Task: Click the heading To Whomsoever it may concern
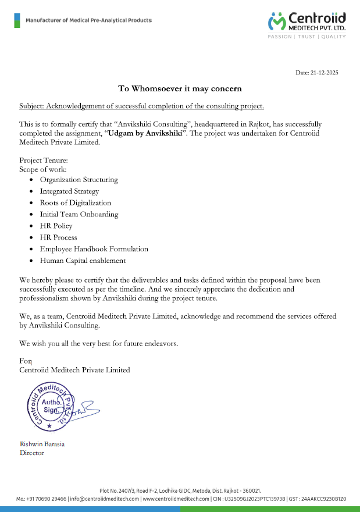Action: [180, 89]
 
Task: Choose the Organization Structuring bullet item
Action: [79, 180]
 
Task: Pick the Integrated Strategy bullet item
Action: [69, 191]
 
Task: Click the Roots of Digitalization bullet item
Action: [75, 203]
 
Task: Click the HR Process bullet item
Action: [58, 237]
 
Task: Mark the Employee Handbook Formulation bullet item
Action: [94, 249]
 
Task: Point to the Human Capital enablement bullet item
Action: [83, 261]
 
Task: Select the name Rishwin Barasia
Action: [42, 444]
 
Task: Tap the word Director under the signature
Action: [32, 453]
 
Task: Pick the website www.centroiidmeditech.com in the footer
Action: [176, 499]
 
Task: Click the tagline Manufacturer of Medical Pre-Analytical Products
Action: [88, 21]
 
